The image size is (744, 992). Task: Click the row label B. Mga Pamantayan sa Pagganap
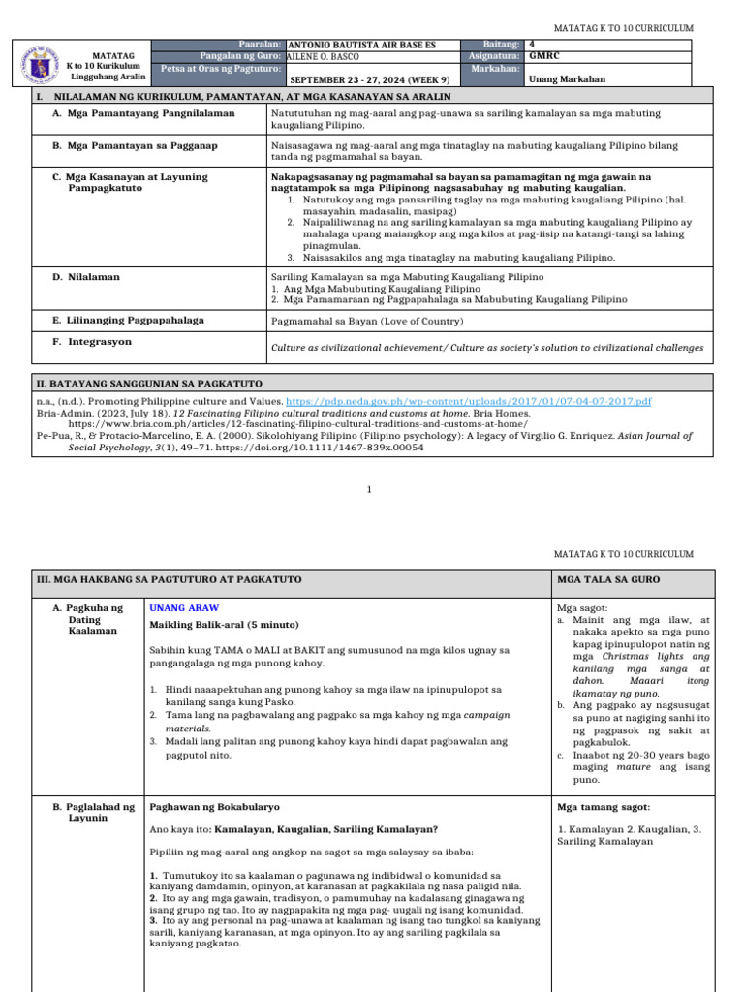(135, 145)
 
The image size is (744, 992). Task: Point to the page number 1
(369, 490)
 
